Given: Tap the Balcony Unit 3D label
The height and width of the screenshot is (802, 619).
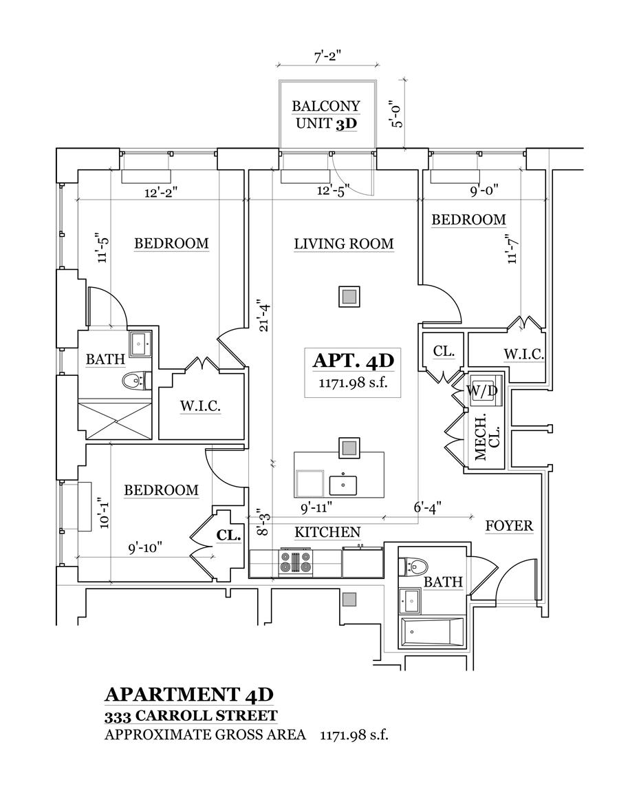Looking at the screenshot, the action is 326,115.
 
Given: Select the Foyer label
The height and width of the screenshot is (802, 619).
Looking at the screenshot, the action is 509,526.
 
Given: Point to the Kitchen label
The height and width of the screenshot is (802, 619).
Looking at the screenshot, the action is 327,532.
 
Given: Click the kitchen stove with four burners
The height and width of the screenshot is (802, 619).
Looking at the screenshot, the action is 296,562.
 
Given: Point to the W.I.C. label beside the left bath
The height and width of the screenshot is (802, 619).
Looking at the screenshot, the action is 201,406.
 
